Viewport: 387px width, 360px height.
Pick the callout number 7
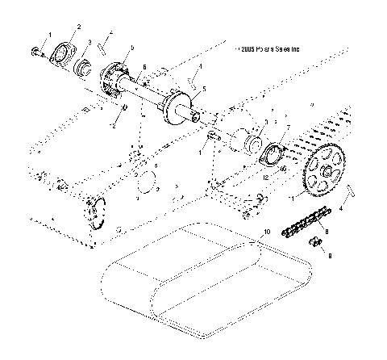pyautogui.click(x=288, y=128)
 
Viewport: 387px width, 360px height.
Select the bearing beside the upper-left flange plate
pyautogui.click(x=84, y=64)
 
